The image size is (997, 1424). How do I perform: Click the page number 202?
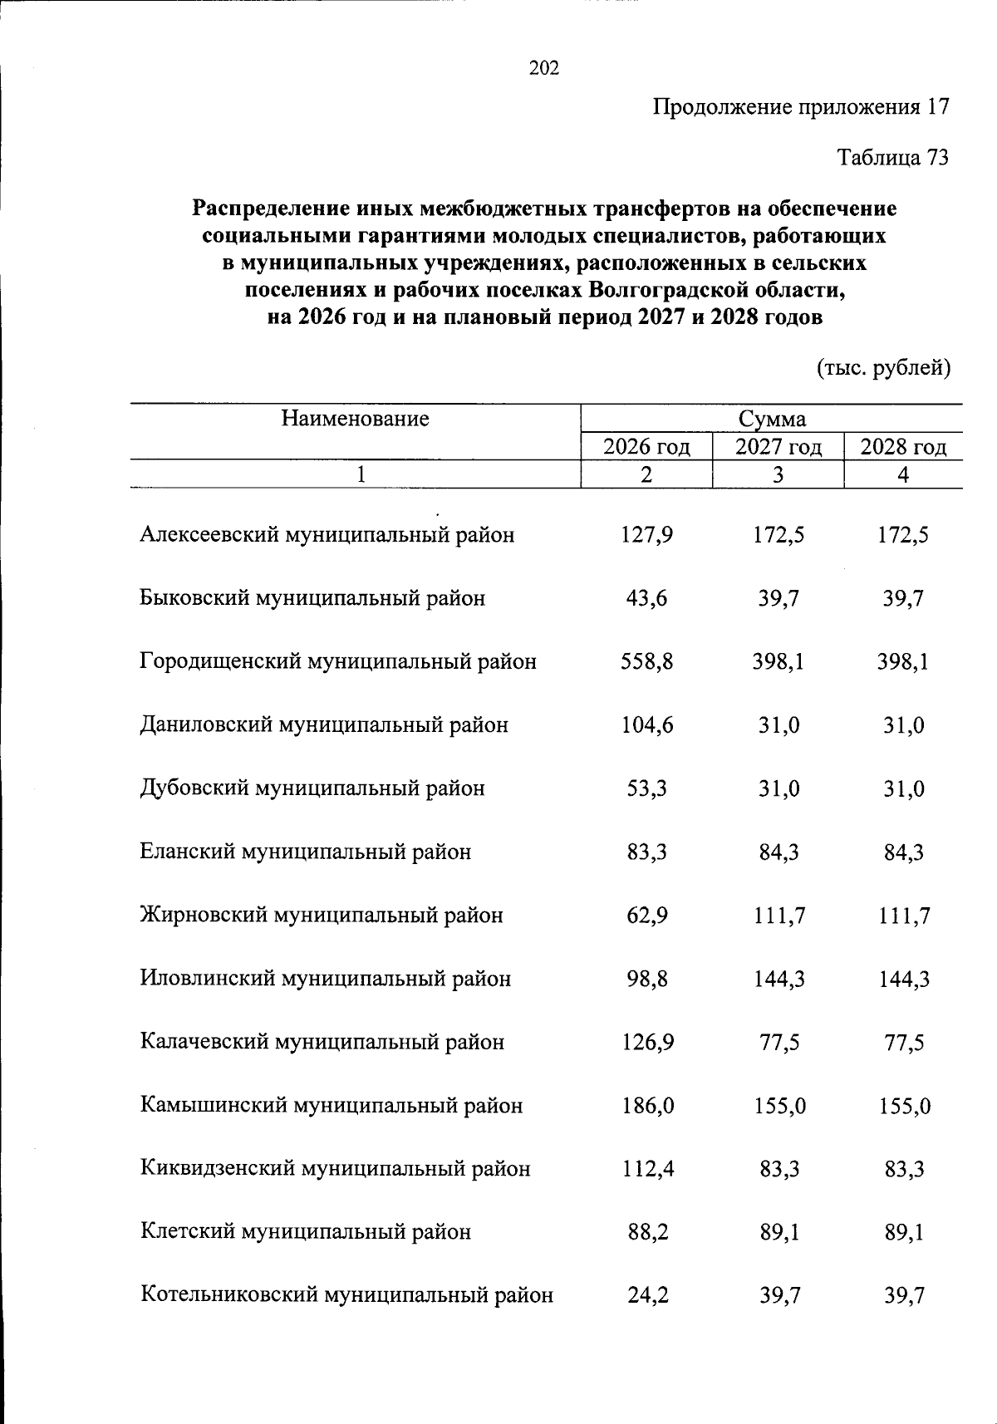(x=544, y=68)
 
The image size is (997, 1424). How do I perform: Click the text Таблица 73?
(x=892, y=158)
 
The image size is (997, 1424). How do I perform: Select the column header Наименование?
(x=355, y=418)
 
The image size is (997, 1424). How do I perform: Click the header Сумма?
(x=772, y=419)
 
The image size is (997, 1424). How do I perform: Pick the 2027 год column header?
(x=778, y=447)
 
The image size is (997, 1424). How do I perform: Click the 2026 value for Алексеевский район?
(x=647, y=534)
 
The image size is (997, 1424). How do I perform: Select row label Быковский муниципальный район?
(x=312, y=598)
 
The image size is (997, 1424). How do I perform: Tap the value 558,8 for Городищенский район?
(x=647, y=661)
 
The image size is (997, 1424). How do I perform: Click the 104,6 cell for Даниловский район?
(x=647, y=724)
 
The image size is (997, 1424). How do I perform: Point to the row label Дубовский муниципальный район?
(x=312, y=788)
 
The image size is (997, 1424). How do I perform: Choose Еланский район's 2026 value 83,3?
(x=647, y=852)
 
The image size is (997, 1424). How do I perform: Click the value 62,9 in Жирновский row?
(x=647, y=915)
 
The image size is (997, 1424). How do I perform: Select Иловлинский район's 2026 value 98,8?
(x=647, y=978)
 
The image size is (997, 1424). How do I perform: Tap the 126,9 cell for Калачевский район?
(x=647, y=1042)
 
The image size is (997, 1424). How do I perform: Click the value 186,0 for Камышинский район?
(x=647, y=1105)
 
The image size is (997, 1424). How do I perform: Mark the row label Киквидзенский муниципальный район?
(x=335, y=1168)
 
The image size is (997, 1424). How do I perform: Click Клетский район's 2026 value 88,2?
(x=647, y=1231)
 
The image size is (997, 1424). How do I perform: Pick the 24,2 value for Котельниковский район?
(x=647, y=1294)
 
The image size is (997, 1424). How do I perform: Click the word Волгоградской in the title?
(x=670, y=291)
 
